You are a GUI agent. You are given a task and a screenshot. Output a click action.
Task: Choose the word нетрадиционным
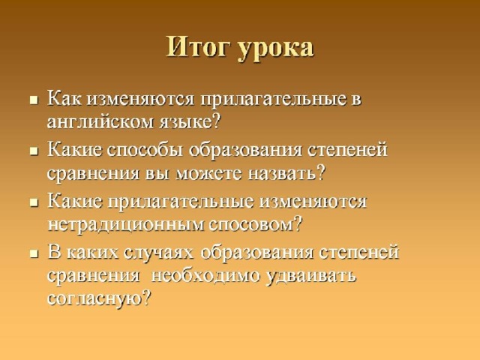click(x=126, y=225)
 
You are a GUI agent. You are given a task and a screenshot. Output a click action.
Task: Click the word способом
click(x=251, y=225)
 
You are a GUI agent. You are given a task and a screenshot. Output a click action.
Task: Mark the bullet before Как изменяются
click(x=34, y=100)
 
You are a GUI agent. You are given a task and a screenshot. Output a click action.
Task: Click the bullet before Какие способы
click(x=34, y=151)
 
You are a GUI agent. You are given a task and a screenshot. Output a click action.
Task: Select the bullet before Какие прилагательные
click(x=34, y=202)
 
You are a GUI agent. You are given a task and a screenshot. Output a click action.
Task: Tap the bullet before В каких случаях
click(x=34, y=253)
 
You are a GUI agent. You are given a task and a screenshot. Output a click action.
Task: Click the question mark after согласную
click(x=147, y=298)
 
